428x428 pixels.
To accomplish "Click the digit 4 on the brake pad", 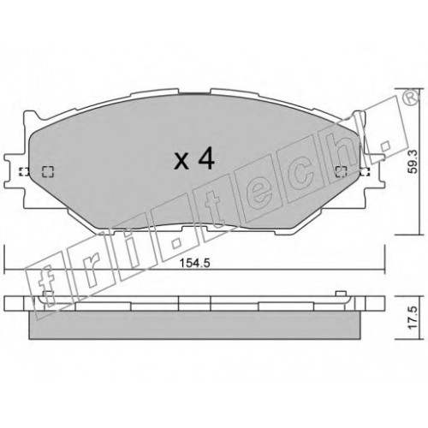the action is (205, 160).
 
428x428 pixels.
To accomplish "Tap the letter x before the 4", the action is (181, 162).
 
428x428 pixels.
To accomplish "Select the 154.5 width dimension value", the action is (194, 263).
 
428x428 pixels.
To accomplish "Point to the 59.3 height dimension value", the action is (413, 162).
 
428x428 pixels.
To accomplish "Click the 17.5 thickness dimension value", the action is (413, 318).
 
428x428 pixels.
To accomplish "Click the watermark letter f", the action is (45, 288).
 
